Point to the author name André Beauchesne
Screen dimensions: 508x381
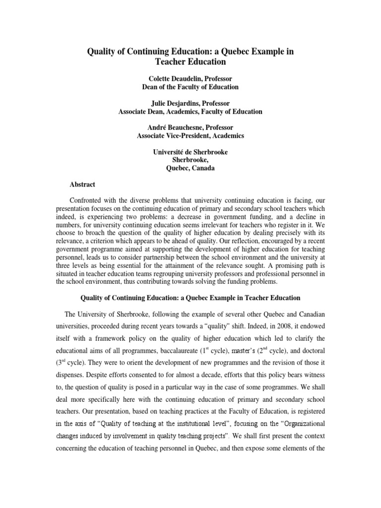[167, 127]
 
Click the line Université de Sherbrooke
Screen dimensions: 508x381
[190, 152]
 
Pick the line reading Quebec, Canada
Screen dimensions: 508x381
[190, 168]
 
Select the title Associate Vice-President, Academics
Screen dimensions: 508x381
[190, 135]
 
